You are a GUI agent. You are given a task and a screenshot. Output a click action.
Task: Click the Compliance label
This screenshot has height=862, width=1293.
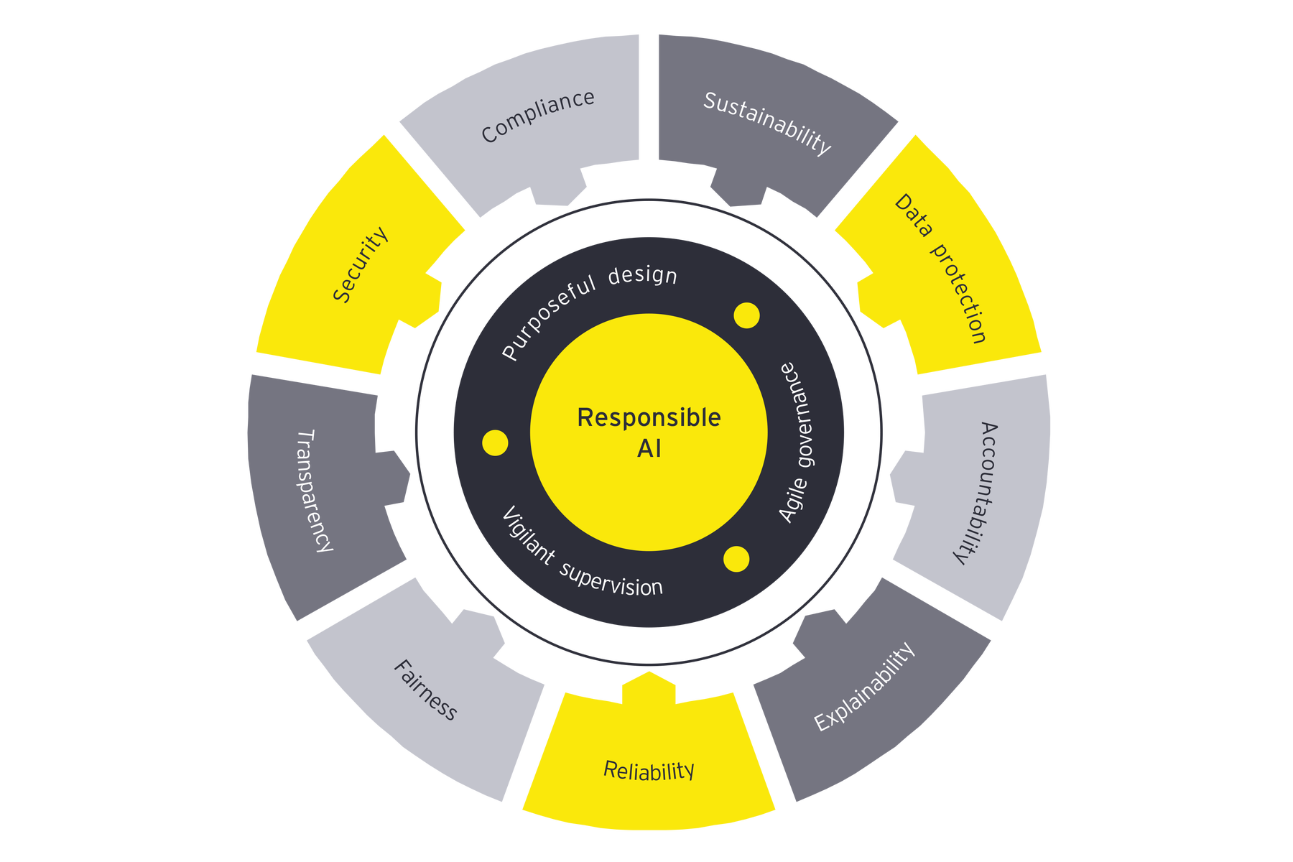coord(538,116)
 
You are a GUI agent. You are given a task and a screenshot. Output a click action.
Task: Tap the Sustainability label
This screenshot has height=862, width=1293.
coord(766,123)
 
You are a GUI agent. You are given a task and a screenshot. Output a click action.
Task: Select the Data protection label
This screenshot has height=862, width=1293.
coord(940,268)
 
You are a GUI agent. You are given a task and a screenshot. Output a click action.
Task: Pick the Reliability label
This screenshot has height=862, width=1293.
coord(649,771)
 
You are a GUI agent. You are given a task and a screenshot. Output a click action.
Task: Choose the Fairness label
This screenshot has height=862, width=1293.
coord(425,690)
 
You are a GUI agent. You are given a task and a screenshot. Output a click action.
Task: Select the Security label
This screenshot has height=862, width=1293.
coord(360,264)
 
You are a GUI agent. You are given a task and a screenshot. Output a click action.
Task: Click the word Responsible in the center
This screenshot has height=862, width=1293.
coord(649,417)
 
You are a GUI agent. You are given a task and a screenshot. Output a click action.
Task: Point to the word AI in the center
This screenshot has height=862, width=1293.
coord(649,449)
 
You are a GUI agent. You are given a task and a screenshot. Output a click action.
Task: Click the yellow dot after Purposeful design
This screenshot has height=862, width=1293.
coord(746,315)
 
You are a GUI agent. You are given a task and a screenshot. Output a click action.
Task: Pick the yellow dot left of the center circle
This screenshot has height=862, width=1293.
coord(495,443)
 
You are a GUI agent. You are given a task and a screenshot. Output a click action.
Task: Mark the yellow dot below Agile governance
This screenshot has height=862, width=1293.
coord(736,559)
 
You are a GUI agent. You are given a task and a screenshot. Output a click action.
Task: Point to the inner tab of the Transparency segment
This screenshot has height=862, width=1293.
coord(397,478)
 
